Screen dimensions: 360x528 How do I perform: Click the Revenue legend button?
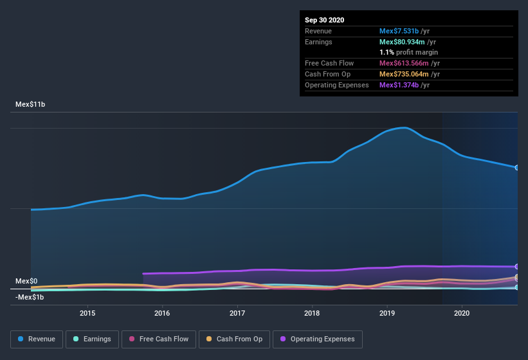point(37,339)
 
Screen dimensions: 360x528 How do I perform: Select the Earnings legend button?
point(91,339)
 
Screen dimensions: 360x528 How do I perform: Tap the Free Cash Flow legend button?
point(159,339)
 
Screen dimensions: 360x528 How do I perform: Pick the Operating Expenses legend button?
point(318,339)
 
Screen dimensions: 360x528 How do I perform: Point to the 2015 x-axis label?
point(87,313)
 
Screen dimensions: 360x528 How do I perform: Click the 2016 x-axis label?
point(162,313)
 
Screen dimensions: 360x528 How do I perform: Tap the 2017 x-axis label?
point(237,313)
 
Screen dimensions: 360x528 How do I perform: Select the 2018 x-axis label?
point(312,313)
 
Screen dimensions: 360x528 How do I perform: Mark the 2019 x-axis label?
point(387,313)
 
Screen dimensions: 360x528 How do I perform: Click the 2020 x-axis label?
point(462,313)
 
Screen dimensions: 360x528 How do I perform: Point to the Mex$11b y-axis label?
point(30,104)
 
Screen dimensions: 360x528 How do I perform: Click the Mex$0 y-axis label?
point(26,281)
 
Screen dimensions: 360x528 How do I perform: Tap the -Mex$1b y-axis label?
point(30,296)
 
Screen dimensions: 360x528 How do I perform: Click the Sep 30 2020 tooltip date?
point(325,20)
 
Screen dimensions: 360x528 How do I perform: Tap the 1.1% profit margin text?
point(409,52)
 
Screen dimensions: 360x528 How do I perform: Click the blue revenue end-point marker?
point(517,167)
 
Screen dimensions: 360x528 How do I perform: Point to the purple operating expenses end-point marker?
point(517,266)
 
